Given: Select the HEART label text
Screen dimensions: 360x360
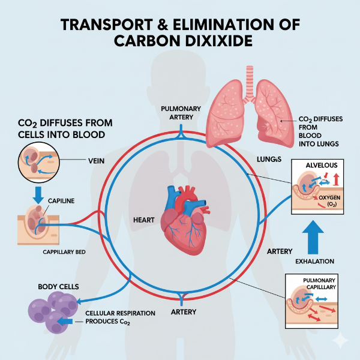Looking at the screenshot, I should coord(143,220).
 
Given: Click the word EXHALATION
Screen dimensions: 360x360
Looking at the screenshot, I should coord(315,262).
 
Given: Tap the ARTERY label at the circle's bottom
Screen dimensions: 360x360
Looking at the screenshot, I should coord(184,312).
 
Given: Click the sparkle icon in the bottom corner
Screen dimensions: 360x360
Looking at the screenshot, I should coord(340,341).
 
